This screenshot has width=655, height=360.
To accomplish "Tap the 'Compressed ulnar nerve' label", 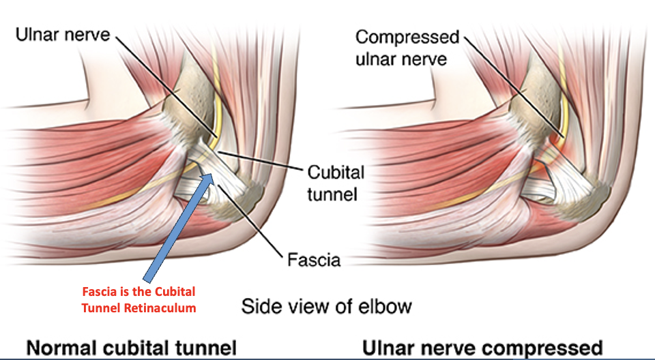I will coord(407,47).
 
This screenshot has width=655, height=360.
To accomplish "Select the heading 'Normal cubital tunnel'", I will coord(132,347).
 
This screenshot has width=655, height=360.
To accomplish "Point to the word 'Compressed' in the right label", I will coord(407,36).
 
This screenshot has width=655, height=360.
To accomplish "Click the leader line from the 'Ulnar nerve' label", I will coord(164,82).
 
